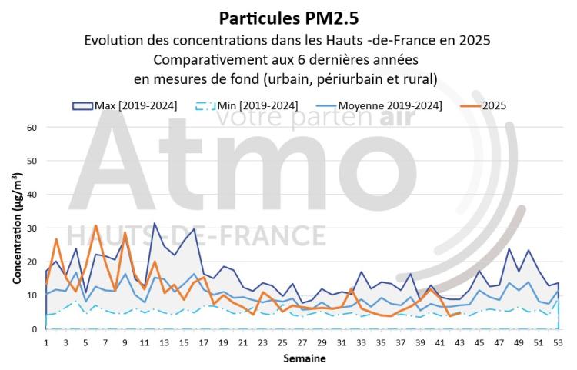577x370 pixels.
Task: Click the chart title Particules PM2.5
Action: click(x=288, y=17)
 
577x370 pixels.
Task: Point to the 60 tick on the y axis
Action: click(x=31, y=127)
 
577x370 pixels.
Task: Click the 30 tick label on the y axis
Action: click(x=31, y=228)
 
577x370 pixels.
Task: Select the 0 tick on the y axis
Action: click(x=34, y=329)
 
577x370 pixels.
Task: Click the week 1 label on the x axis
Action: click(x=46, y=342)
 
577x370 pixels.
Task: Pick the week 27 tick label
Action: click(x=302, y=342)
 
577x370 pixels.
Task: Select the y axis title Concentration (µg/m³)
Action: click(x=16, y=228)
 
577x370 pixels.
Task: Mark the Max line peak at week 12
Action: click(x=155, y=224)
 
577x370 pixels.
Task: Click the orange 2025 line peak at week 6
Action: click(x=95, y=226)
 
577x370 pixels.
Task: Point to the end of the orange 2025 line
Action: click(x=460, y=312)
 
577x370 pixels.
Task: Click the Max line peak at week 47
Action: click(x=509, y=248)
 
